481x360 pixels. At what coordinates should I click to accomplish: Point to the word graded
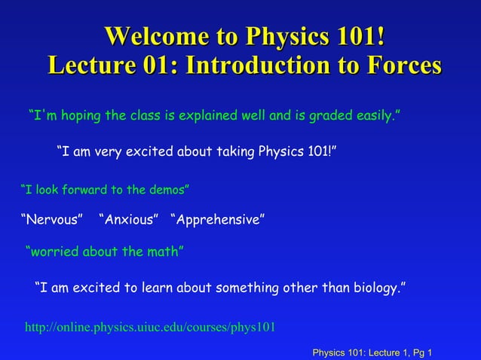coord(328,117)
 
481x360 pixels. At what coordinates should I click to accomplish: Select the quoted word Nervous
coord(51,220)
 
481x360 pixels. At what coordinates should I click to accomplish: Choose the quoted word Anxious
coord(128,220)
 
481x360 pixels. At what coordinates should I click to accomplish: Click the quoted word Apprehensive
coord(218,220)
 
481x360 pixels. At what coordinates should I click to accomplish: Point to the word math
coord(162,252)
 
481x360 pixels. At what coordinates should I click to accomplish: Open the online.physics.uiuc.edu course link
coord(150,328)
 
